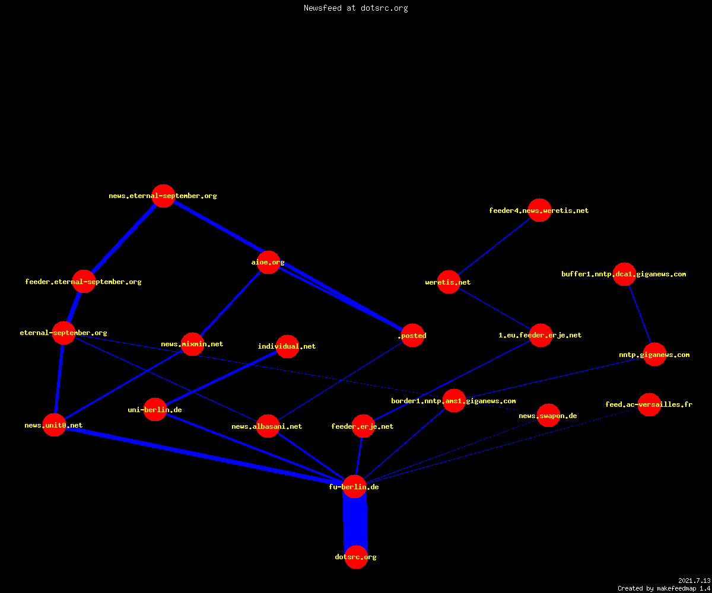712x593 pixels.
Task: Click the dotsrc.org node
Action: pyautogui.click(x=356, y=557)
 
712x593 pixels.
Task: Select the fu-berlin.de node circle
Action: pyautogui.click(x=355, y=486)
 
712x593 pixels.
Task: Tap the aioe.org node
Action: pyautogui.click(x=268, y=262)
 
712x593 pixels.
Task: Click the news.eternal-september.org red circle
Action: pyautogui.click(x=163, y=196)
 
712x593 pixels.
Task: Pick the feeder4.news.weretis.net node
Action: pyautogui.click(x=539, y=211)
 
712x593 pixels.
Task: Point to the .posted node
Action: pyautogui.click(x=412, y=336)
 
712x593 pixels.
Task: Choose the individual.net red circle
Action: pyautogui.click(x=287, y=346)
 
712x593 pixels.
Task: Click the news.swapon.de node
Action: pyautogui.click(x=548, y=416)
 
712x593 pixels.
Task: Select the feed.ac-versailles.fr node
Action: pyautogui.click(x=649, y=404)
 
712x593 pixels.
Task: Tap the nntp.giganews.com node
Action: pyautogui.click(x=654, y=355)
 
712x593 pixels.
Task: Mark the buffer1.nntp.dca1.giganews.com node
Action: pyautogui.click(x=624, y=274)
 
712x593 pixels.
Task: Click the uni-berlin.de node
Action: pyautogui.click(x=155, y=409)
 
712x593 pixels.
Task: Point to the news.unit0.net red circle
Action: pyautogui.click(x=54, y=425)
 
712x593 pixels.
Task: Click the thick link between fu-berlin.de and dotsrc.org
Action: pyautogui.click(x=355, y=522)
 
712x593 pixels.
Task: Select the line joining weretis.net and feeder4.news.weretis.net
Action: pyautogui.click(x=494, y=246)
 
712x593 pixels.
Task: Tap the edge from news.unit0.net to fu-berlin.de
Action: pyautogui.click(x=205, y=455)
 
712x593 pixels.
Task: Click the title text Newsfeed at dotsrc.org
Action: pyautogui.click(x=355, y=8)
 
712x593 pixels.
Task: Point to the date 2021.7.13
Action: pyautogui.click(x=694, y=581)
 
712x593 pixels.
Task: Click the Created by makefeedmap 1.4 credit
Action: pyautogui.click(x=664, y=589)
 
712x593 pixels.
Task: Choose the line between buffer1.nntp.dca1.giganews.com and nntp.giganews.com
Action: pyautogui.click(x=640, y=314)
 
